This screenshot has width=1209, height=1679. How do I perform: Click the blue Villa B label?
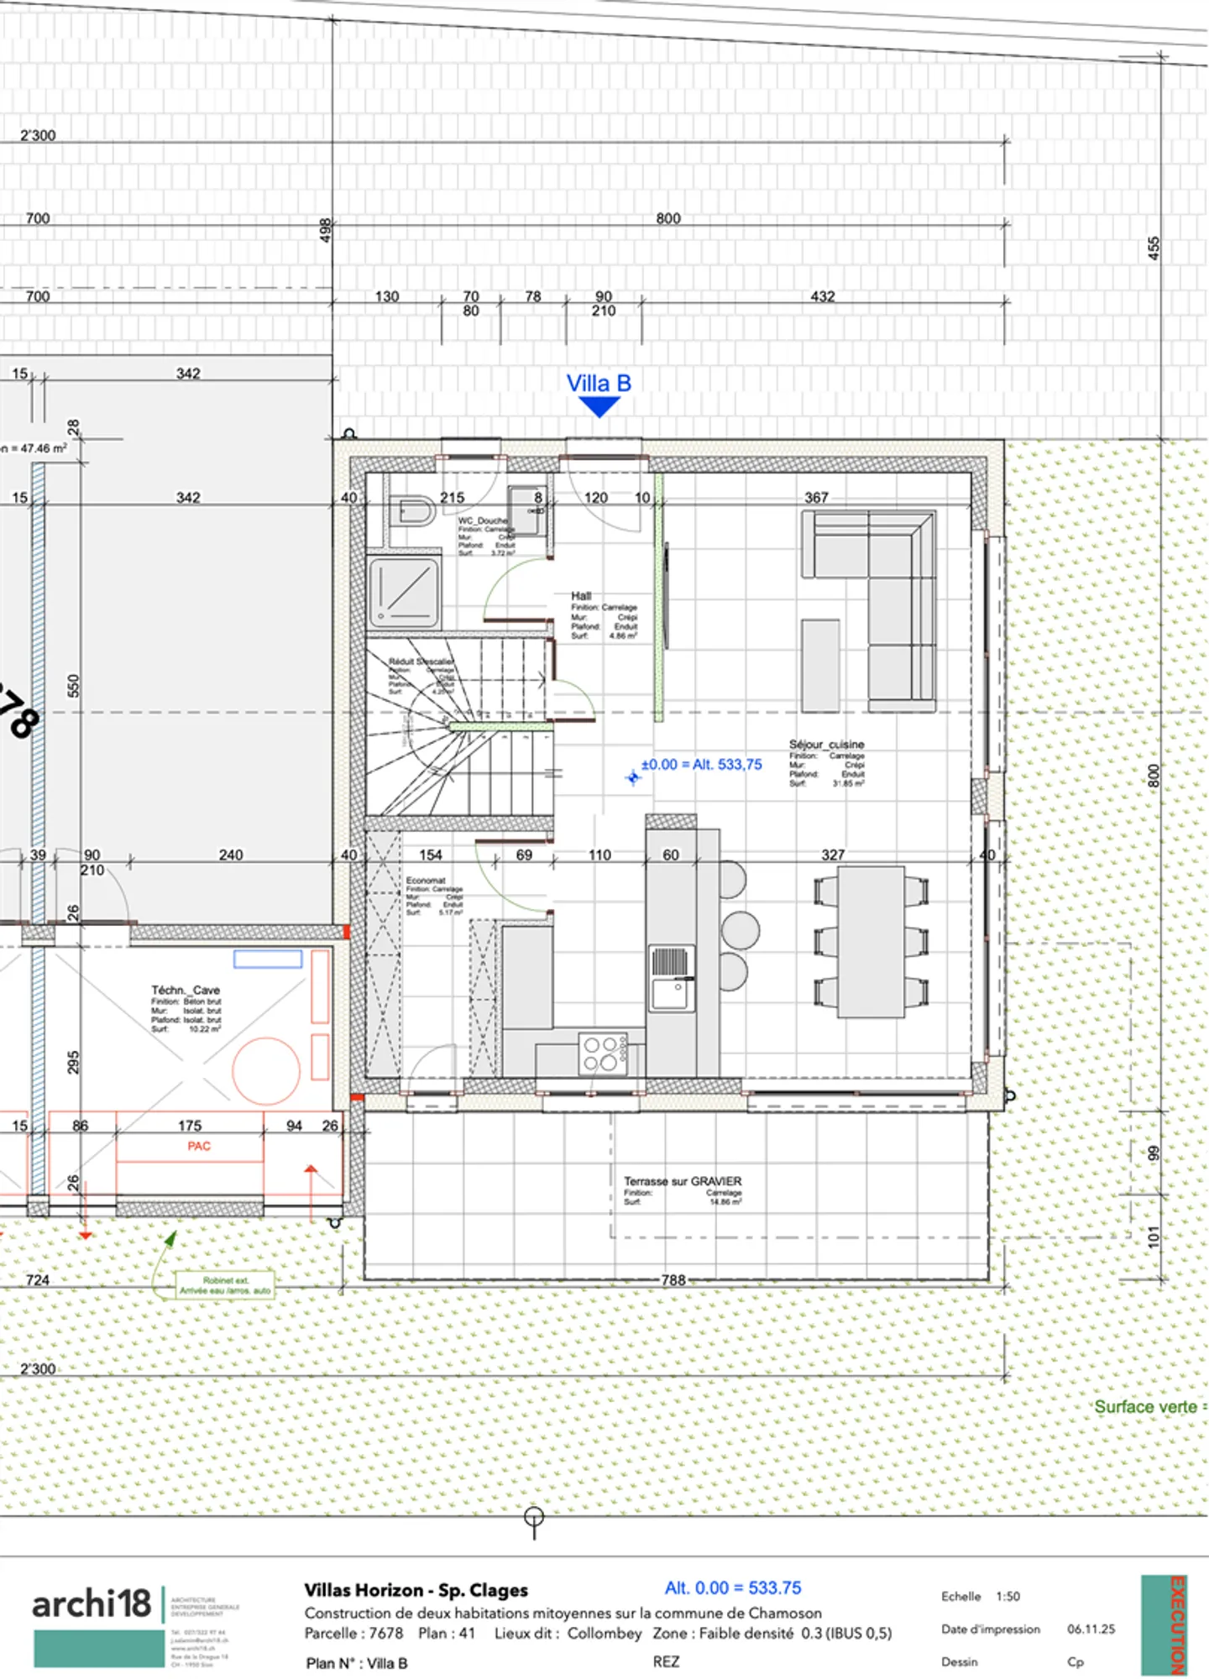(599, 384)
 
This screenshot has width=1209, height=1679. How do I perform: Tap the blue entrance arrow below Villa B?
(599, 407)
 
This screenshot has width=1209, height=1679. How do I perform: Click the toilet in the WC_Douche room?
(412, 510)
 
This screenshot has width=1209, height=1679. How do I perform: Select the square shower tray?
(404, 593)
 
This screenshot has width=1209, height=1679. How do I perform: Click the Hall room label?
(581, 596)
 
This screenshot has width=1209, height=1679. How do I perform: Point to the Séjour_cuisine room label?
(826, 745)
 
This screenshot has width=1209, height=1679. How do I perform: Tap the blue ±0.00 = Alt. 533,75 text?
(701, 765)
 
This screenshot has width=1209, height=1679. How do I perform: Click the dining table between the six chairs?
(871, 941)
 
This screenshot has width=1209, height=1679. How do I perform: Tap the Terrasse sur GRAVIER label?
(683, 1181)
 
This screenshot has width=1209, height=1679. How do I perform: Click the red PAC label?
(199, 1147)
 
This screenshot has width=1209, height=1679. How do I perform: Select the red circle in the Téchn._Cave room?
(266, 1070)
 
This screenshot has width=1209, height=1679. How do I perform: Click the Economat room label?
(426, 881)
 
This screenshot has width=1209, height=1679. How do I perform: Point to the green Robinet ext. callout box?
(225, 1285)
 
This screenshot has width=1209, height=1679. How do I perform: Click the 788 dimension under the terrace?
(673, 1280)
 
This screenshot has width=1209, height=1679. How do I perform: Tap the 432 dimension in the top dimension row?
(822, 296)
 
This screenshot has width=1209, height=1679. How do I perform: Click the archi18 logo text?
(91, 1603)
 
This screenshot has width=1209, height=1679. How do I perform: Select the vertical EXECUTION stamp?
(1176, 1624)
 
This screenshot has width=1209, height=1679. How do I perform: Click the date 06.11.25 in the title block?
(1091, 1629)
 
